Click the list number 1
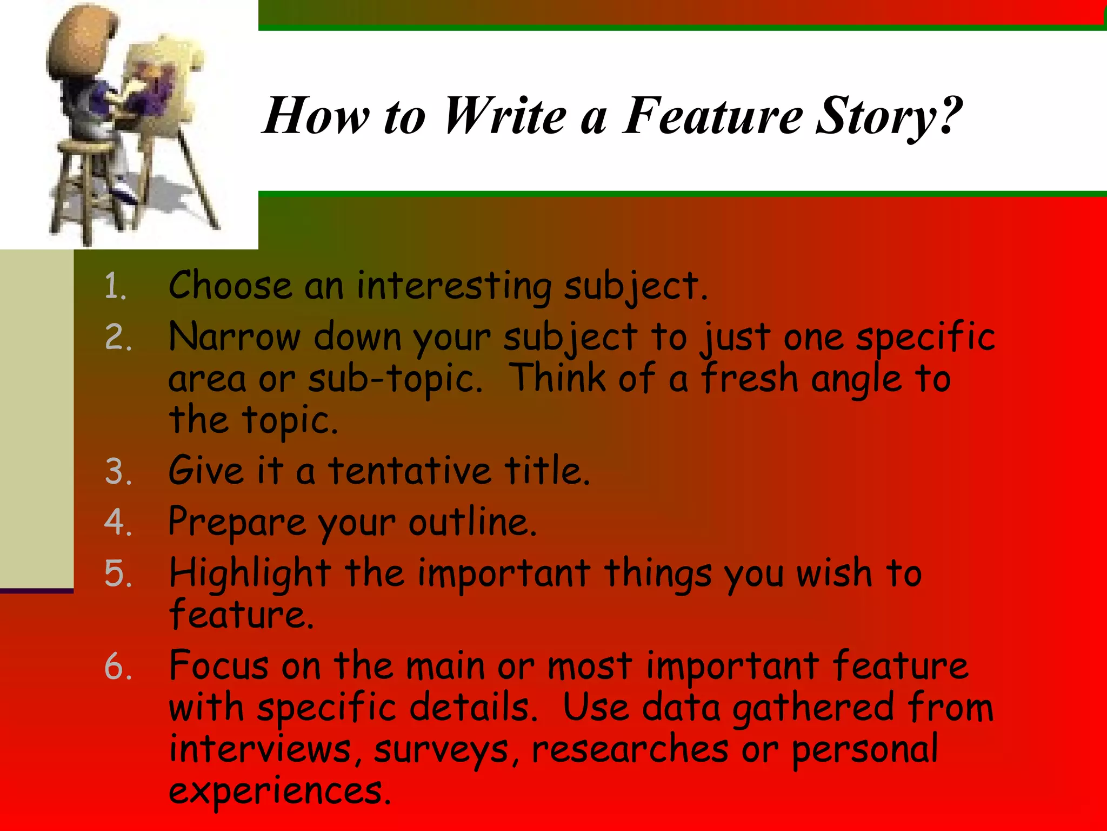point(115,286)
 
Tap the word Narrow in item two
point(234,337)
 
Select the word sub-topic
point(395,379)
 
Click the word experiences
point(279,791)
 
